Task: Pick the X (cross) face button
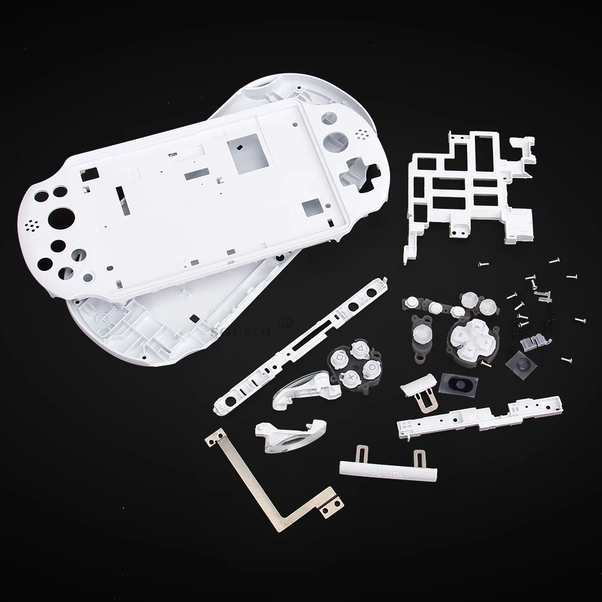(x=350, y=379)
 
